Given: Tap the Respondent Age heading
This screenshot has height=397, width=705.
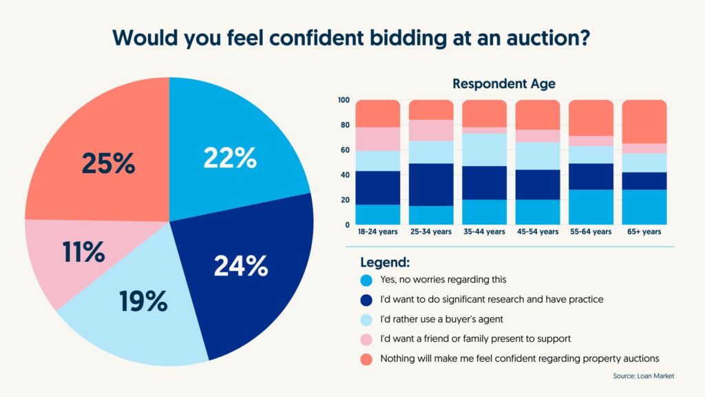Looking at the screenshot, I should tap(504, 84).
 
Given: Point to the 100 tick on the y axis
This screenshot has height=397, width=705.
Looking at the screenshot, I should tap(344, 100).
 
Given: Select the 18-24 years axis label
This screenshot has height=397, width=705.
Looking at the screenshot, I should tap(377, 232).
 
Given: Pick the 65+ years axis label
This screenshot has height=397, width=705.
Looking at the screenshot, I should tap(644, 232).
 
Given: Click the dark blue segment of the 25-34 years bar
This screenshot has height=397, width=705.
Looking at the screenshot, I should tap(431, 185).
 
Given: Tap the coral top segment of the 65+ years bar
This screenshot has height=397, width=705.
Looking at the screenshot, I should tap(644, 121).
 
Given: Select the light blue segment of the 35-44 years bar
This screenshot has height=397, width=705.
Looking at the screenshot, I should tap(484, 150).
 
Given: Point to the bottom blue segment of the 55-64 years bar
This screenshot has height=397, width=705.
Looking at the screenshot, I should tap(591, 207).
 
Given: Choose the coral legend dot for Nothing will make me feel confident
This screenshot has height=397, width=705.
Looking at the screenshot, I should tap(366, 358).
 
